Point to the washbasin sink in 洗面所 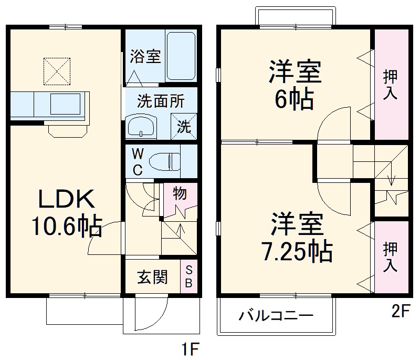(141, 126)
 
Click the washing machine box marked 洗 (183, 126)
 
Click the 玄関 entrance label (152, 277)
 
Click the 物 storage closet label (180, 194)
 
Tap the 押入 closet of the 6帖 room (390, 84)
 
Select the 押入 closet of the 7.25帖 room (390, 256)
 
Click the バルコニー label (277, 316)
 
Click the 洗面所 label (161, 101)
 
